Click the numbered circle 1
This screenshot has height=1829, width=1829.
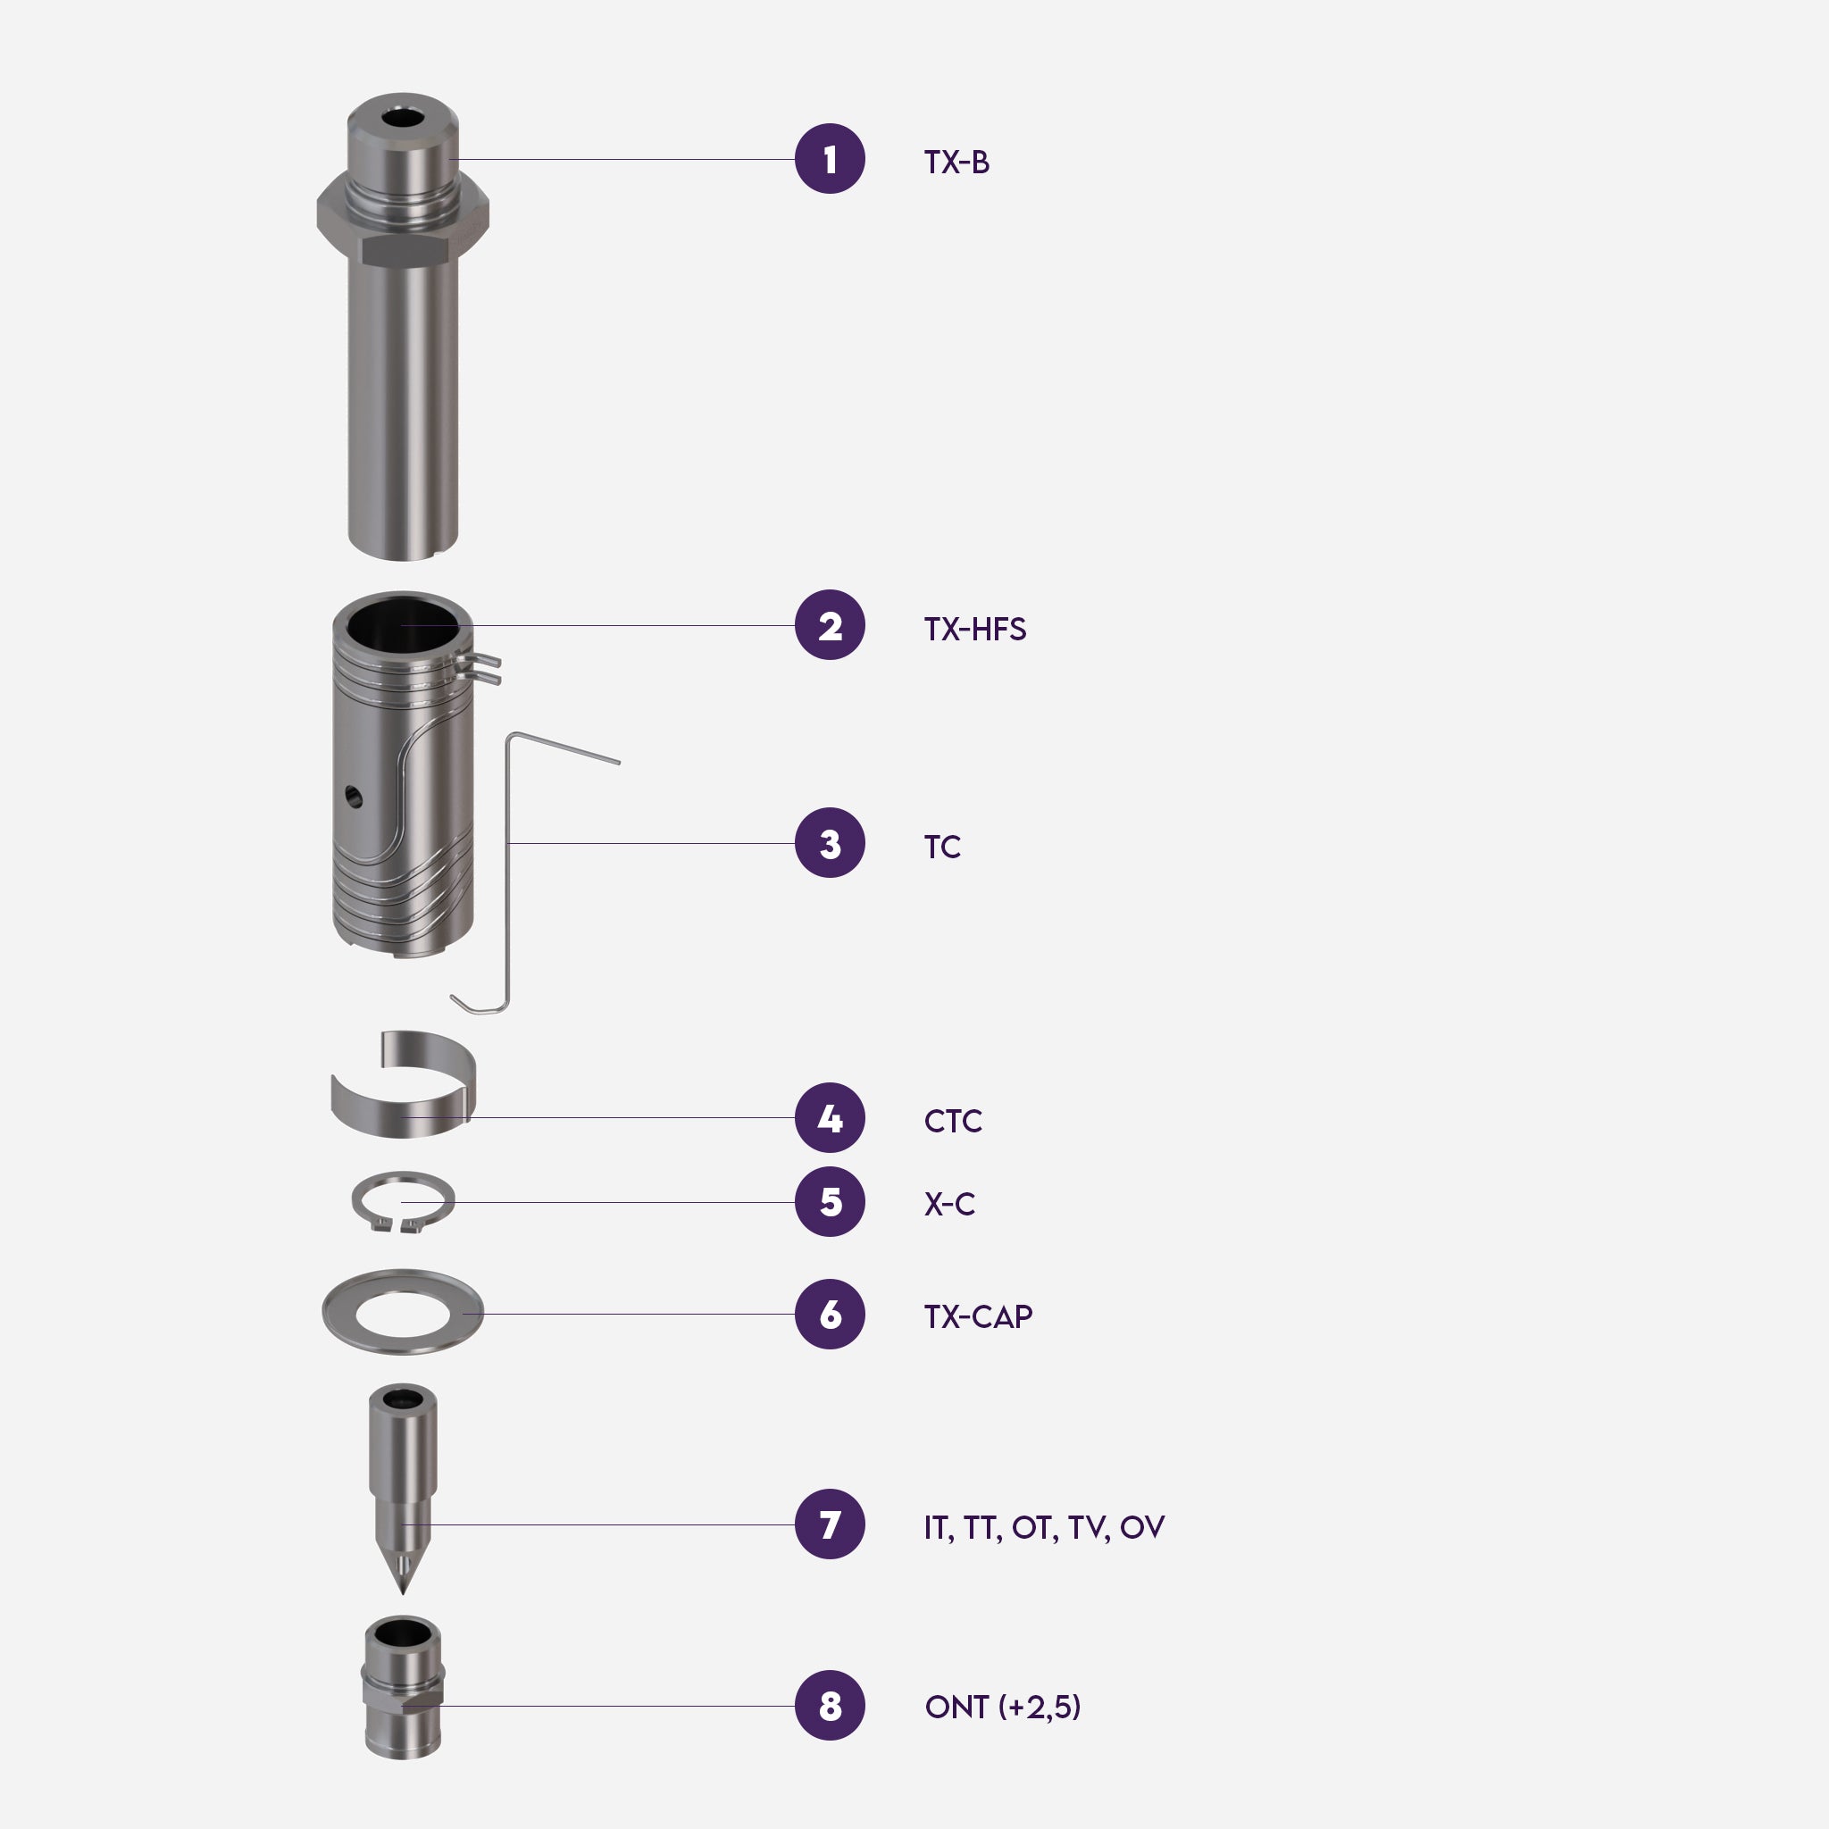coord(830,159)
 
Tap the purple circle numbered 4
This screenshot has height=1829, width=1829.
coord(830,1118)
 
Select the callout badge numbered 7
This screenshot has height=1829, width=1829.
coord(830,1524)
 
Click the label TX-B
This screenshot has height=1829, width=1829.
coord(956,162)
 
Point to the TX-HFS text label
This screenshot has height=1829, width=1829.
coord(975,629)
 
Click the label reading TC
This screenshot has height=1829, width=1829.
coord(942,847)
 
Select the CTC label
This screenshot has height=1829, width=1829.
coord(952,1121)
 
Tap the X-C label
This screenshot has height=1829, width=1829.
coord(949,1204)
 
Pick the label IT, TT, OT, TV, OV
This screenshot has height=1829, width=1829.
coord(1044,1527)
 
